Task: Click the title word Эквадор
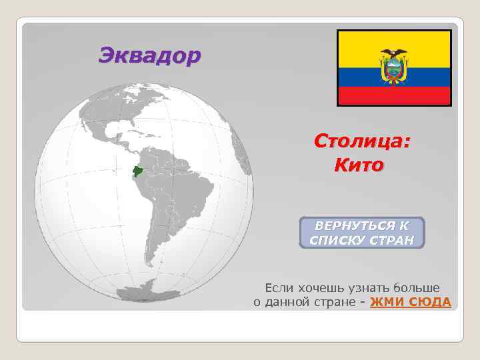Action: [149, 55]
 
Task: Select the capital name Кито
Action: [359, 164]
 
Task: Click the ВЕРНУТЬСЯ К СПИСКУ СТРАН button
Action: [362, 233]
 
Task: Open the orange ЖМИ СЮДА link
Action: [410, 302]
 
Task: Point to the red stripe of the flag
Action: [393, 97]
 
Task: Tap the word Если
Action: [277, 288]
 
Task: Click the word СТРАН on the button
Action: [393, 240]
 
